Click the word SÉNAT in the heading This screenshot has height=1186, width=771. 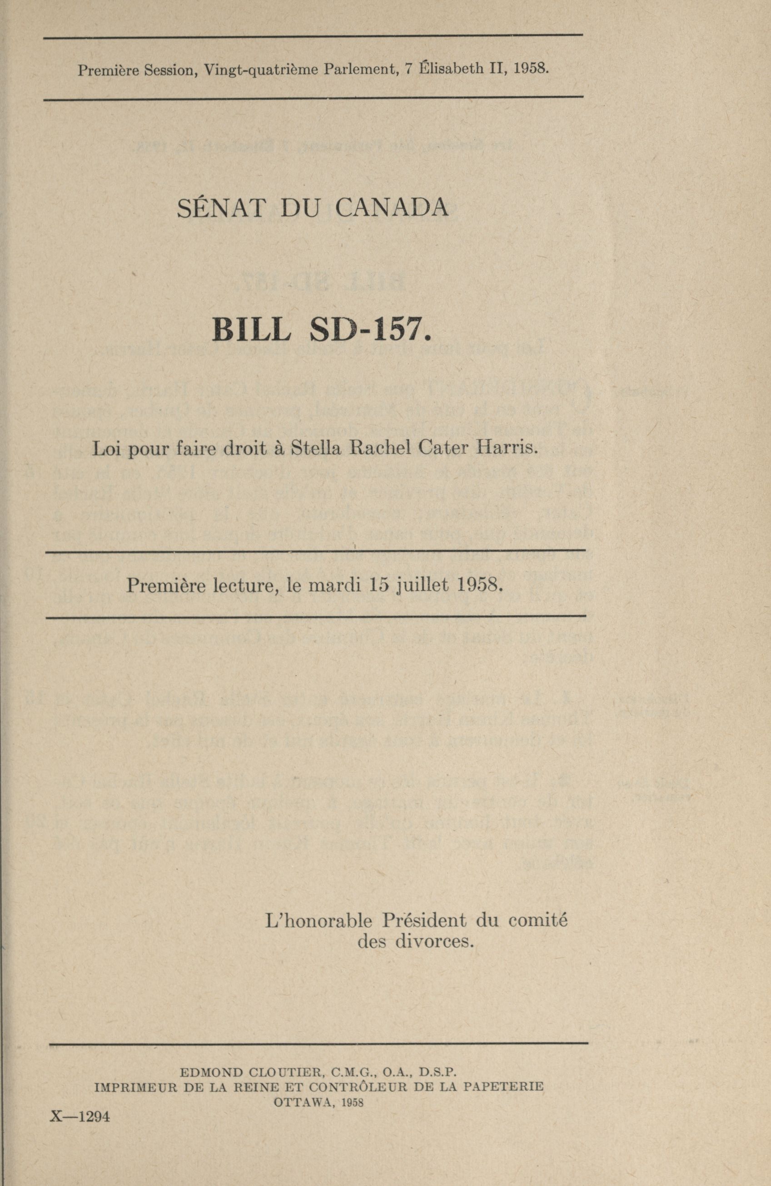tap(220, 208)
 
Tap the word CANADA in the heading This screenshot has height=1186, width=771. tap(392, 208)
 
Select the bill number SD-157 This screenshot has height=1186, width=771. tap(369, 330)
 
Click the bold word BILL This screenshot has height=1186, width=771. tap(250, 330)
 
